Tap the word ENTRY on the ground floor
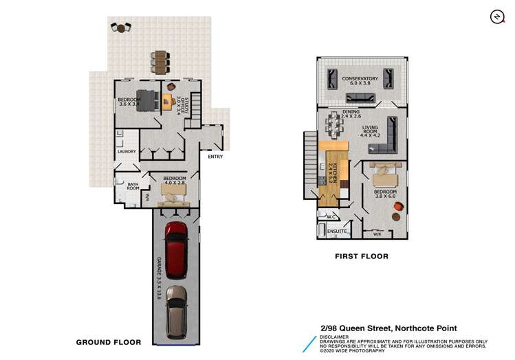coord(215,156)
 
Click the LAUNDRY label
coord(127,151)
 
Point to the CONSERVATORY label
coord(360,80)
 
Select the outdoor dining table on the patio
coord(160,62)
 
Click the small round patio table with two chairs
coord(122,28)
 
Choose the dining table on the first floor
coord(336,125)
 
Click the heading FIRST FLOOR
coord(362,256)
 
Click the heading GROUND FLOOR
coord(109,341)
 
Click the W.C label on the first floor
coord(330,218)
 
